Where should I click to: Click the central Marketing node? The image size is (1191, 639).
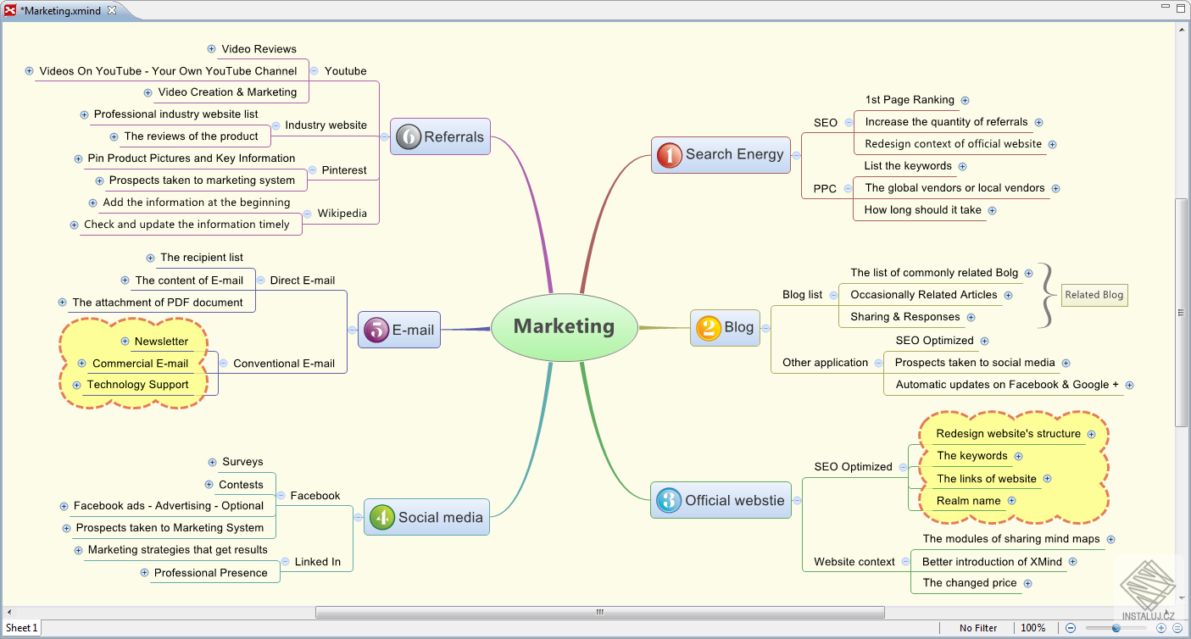click(564, 327)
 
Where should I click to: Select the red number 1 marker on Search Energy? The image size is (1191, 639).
click(669, 155)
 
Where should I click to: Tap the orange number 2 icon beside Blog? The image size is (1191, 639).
click(708, 328)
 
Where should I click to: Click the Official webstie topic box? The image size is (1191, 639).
click(721, 500)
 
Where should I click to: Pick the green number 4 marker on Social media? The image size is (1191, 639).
click(381, 517)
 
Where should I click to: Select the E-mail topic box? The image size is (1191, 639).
click(398, 330)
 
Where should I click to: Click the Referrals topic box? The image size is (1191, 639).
click(440, 136)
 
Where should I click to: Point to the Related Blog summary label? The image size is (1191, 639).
click(1094, 295)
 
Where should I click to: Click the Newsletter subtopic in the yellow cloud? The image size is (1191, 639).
click(161, 342)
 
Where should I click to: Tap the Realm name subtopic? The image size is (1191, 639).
click(968, 501)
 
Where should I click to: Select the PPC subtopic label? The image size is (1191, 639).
click(825, 189)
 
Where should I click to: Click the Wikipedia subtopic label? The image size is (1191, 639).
click(342, 214)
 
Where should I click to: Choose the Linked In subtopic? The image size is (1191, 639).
click(317, 562)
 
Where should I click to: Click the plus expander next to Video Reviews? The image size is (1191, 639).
click(211, 49)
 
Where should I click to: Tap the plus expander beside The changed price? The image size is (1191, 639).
click(1027, 584)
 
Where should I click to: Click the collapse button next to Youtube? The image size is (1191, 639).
click(314, 71)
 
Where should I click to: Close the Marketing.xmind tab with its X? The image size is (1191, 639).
click(112, 10)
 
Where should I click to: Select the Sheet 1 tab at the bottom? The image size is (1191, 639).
click(21, 628)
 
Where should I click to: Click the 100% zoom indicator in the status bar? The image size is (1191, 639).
click(1032, 628)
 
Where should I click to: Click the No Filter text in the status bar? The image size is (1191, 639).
click(977, 628)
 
